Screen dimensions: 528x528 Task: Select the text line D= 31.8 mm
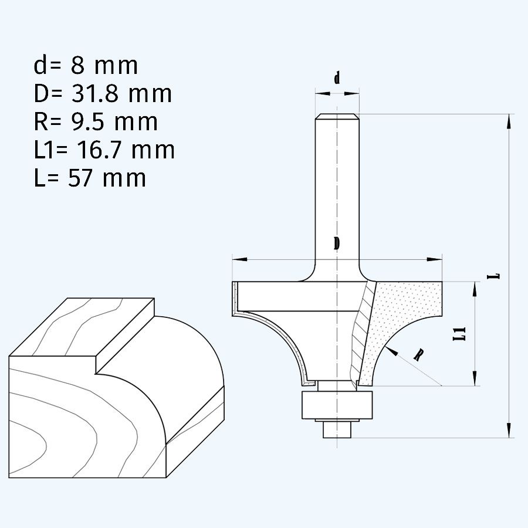pos(103,93)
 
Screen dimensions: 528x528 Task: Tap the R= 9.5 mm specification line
pos(96,121)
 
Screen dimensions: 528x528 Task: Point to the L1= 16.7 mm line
pos(104,150)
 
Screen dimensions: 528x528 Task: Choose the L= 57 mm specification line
pos(89,177)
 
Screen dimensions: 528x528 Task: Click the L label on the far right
pos(496,274)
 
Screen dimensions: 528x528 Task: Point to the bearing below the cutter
pos(337,405)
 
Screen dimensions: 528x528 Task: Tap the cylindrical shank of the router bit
pos(337,188)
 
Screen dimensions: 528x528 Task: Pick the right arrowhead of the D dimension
pos(438,259)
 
